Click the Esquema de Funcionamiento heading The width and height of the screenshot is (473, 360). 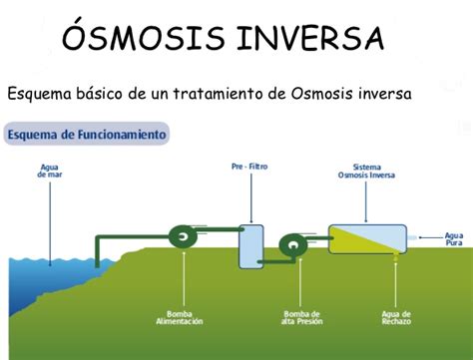(87, 133)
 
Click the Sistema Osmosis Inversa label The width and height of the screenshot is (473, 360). (366, 172)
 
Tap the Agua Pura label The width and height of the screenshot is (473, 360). (453, 238)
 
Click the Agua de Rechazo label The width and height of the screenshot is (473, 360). (395, 318)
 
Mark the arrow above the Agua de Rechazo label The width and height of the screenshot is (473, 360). (396, 279)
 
